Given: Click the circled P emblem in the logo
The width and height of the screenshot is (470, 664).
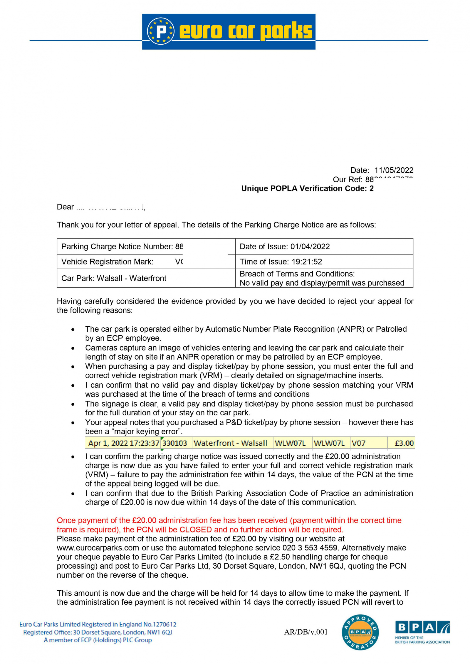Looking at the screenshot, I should click(x=160, y=31).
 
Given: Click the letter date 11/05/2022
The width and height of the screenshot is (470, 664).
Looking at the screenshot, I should click(x=393, y=170).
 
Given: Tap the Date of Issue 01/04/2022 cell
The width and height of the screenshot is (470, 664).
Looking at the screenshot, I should click(x=324, y=246).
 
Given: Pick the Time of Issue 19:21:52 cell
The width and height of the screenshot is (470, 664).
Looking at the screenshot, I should click(x=324, y=262).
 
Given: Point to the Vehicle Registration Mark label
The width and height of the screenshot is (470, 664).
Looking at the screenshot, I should click(x=107, y=262).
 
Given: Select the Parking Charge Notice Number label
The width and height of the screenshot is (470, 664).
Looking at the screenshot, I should click(x=117, y=246).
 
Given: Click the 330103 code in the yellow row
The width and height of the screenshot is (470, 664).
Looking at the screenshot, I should click(x=174, y=443).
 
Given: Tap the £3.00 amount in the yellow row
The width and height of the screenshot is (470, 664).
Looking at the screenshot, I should click(x=404, y=443).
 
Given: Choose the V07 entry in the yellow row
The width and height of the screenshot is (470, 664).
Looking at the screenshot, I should click(x=358, y=443).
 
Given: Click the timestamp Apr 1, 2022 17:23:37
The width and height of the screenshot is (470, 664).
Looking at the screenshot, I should click(x=124, y=443).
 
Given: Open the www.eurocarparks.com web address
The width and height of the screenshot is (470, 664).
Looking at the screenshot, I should click(x=98, y=548).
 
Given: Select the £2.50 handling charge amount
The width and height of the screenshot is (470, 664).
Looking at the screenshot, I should click(x=280, y=557).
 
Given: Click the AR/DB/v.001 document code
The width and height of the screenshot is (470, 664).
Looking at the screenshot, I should click(x=305, y=632).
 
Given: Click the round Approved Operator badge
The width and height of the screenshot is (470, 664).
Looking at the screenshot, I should click(x=360, y=632).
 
